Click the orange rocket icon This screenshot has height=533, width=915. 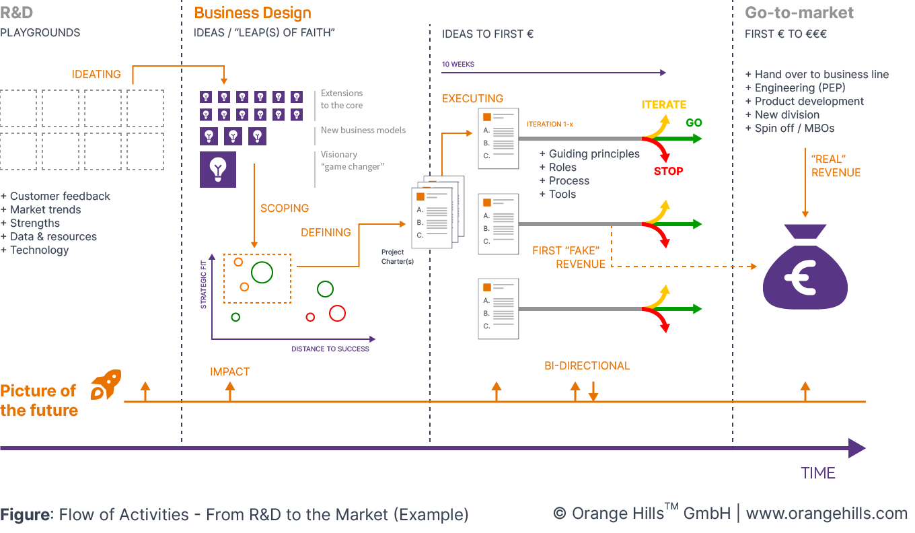pos(106,384)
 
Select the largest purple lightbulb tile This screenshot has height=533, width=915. pos(218,169)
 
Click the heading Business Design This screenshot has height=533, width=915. pos(252,13)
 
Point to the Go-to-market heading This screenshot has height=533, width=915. pos(799,13)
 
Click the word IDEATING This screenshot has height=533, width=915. pos(96,75)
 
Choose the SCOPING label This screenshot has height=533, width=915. pos(285,209)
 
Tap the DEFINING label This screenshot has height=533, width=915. pos(326,233)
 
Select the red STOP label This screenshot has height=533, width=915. pos(668,172)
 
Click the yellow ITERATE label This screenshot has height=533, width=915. pos(663,105)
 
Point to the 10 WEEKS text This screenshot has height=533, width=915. pos(458,65)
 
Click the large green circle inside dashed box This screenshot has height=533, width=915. pos(262,272)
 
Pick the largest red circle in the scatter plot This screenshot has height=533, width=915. pos(337,313)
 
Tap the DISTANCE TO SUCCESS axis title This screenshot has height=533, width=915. pos(330,349)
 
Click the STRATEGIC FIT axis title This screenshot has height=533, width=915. pos(203,286)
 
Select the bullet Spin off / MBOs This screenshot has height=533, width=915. pos(789,129)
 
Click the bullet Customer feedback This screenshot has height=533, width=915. pos(56,197)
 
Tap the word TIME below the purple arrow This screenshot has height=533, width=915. pos(817,473)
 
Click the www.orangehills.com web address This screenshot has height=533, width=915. pos(826,514)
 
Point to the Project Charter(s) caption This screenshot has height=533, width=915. pos(393,257)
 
